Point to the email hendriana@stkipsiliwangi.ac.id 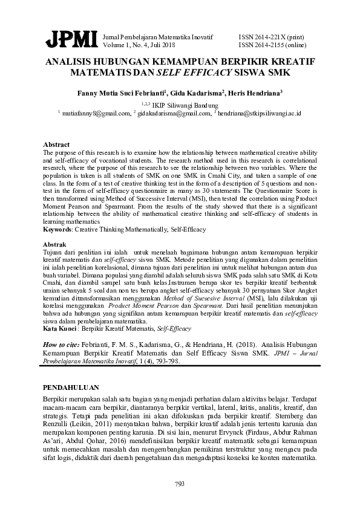[x=260, y=112]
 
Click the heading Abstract [x=56, y=146]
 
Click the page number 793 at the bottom [x=180, y=483]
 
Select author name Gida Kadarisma [x=198, y=94]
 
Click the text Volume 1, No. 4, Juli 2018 [x=139, y=45]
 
